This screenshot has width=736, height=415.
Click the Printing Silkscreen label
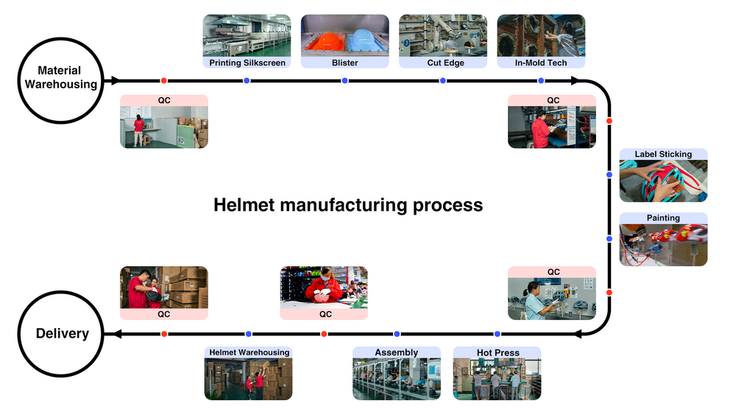point(247,63)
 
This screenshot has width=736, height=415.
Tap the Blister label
point(344,63)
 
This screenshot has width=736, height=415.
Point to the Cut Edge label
point(443,63)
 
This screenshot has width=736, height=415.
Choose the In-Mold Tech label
point(541,63)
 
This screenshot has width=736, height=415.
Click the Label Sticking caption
point(663,154)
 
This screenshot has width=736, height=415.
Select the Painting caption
point(663,218)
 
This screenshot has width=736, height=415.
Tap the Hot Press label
point(498,352)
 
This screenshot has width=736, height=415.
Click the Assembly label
point(397,352)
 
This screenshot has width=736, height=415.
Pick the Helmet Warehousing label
point(248,352)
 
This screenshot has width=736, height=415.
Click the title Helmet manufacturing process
point(348,205)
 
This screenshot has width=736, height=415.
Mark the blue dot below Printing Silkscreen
point(247,80)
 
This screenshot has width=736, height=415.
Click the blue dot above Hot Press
point(497,334)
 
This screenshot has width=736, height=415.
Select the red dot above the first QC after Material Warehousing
point(163,80)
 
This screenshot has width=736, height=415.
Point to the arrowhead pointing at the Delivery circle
point(115,334)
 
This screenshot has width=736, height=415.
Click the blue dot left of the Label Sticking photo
point(609,175)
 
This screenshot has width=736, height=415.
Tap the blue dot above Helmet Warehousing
point(248,334)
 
